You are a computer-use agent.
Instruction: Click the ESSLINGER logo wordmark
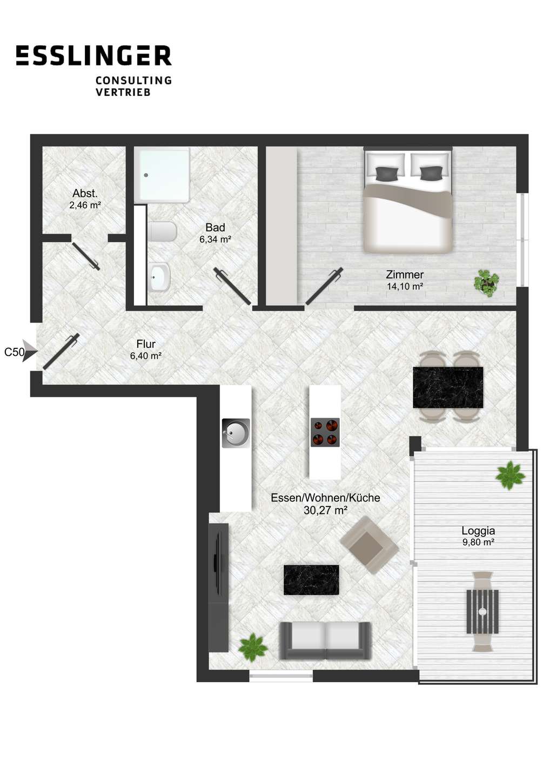pos(94,55)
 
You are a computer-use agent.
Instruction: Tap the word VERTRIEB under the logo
pos(123,92)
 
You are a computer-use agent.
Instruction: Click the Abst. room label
pos(85,193)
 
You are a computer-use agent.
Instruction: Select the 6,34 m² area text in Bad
pos(215,239)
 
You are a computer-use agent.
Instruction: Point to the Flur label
pos(146,344)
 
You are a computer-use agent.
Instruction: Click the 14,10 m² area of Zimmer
pos(405,287)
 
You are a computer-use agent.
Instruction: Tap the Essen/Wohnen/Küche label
pos(325,498)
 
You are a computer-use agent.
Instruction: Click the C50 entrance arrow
pos(30,352)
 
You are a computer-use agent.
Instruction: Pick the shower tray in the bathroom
pos(162,175)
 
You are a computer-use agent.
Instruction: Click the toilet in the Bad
pos(163,232)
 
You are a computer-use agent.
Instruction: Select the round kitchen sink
pos(236,433)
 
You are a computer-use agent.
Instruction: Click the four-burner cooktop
pos(325,432)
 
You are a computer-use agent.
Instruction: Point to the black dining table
pos(448,387)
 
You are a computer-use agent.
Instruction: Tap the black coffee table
pos(311,580)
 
